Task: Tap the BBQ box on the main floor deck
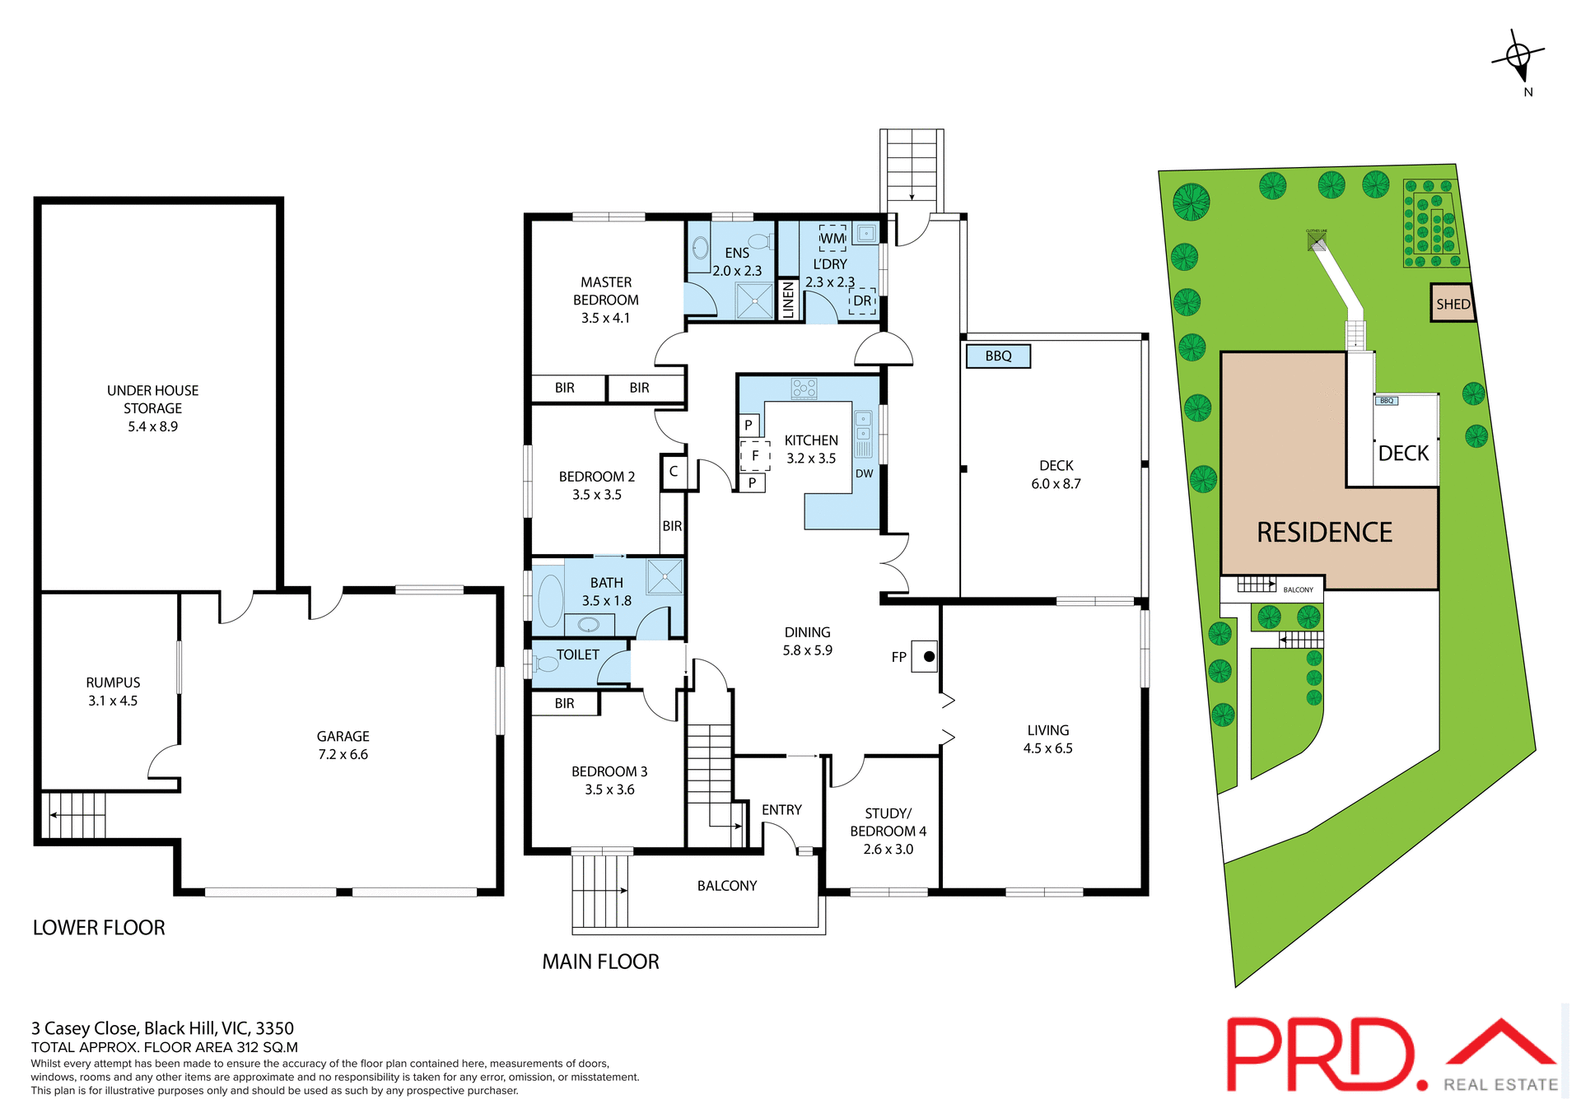tap(997, 356)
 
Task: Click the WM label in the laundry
tap(832, 239)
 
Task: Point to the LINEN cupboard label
tap(788, 300)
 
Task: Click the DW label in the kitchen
tap(864, 473)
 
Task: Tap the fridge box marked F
tap(755, 455)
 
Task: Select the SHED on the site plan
tap(1452, 304)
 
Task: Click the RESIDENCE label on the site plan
tap(1324, 533)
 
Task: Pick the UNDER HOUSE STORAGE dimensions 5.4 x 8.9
tap(152, 426)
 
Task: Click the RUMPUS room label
tap(113, 682)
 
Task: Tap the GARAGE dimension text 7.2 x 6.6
tap(343, 754)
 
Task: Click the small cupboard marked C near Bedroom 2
tap(674, 472)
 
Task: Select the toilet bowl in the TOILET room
tap(545, 664)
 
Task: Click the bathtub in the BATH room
tap(550, 600)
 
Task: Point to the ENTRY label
tap(781, 810)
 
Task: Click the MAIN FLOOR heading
tap(600, 962)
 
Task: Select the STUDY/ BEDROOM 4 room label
tap(888, 822)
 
